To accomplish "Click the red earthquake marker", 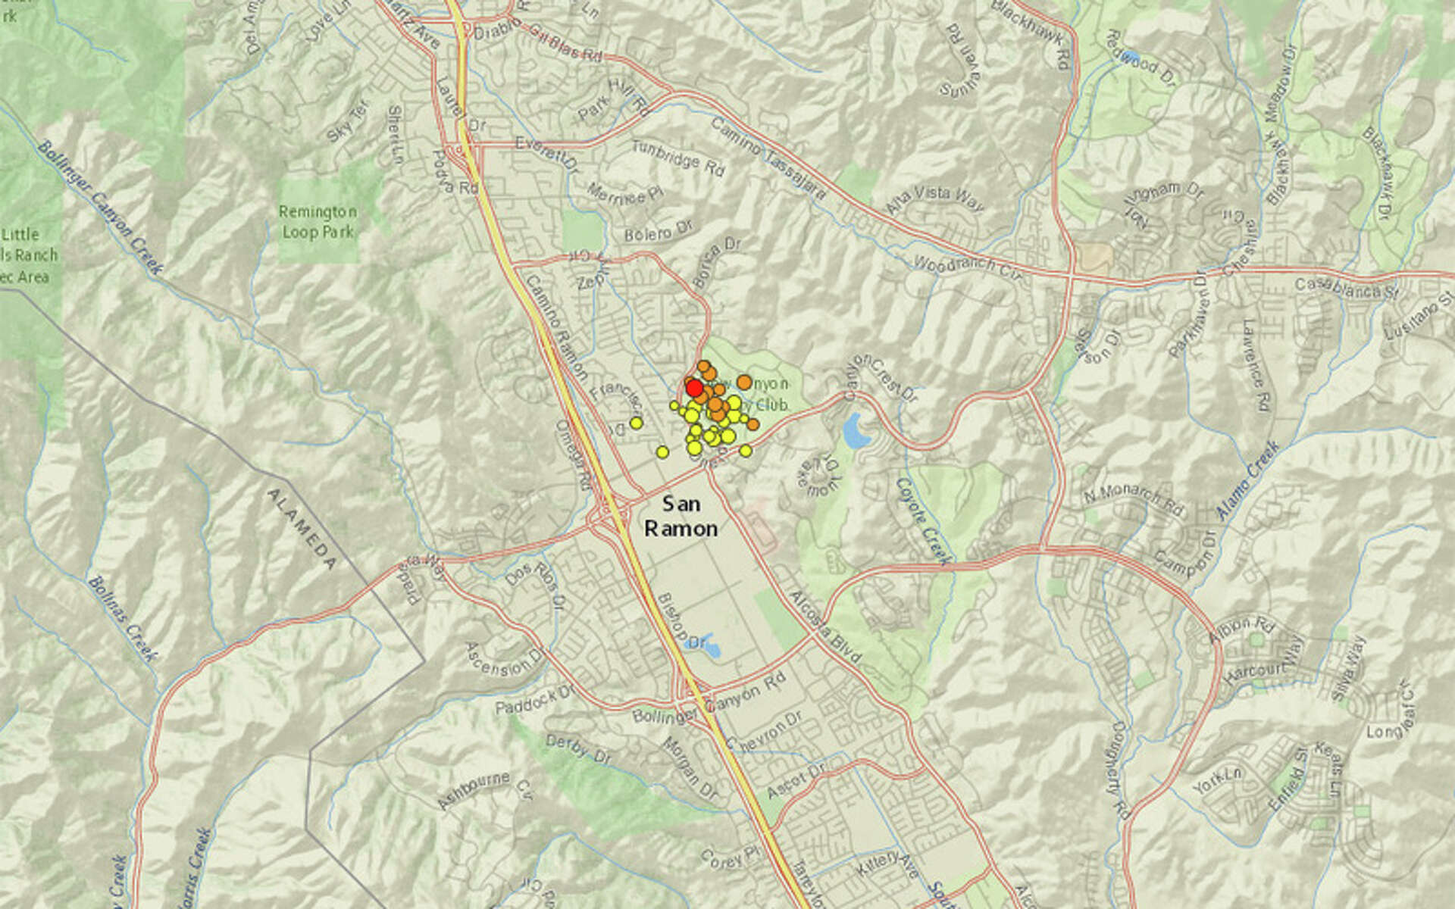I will tap(693, 389).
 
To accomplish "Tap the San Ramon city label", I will tap(681, 516).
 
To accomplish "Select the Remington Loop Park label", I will tap(318, 222).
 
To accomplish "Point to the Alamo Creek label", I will tap(1247, 480).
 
